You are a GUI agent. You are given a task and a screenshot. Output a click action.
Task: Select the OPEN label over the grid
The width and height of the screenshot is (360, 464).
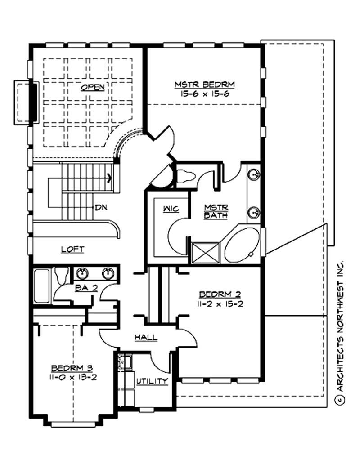93,87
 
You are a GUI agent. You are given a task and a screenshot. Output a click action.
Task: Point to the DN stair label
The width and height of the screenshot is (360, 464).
100,208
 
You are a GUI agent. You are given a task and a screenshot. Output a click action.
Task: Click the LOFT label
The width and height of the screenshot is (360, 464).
72,249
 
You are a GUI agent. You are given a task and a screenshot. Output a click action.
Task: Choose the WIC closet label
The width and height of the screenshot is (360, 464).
171,209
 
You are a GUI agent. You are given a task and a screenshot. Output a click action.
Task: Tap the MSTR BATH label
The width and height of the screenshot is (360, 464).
216,211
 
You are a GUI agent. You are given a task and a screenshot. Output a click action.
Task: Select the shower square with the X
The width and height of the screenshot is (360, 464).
205,252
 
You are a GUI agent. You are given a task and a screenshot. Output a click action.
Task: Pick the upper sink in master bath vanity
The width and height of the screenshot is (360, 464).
254,174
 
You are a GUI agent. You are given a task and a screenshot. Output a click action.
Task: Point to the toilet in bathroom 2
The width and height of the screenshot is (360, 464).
61,274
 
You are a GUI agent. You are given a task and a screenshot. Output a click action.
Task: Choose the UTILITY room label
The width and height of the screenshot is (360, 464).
153,381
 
